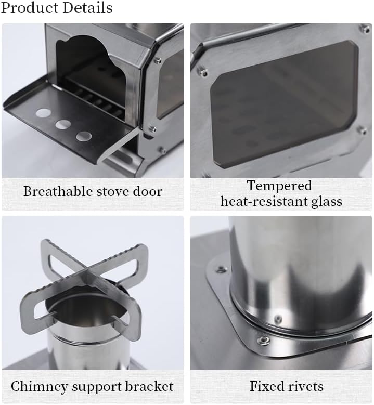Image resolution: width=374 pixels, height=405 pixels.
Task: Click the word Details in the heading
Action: click(88, 8)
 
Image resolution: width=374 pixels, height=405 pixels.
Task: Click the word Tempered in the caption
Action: click(279, 186)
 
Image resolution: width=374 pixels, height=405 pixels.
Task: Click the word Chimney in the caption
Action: click(39, 386)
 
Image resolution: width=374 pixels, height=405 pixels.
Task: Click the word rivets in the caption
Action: click(305, 386)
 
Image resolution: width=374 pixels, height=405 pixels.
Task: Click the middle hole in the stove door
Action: click(63, 124)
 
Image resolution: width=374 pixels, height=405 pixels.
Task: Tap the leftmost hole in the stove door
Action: click(44, 112)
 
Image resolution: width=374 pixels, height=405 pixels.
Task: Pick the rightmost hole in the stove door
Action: click(84, 136)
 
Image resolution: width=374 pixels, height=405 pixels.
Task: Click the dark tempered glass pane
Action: click(281, 104)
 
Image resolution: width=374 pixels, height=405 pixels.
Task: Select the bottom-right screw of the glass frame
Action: click(360, 129)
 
